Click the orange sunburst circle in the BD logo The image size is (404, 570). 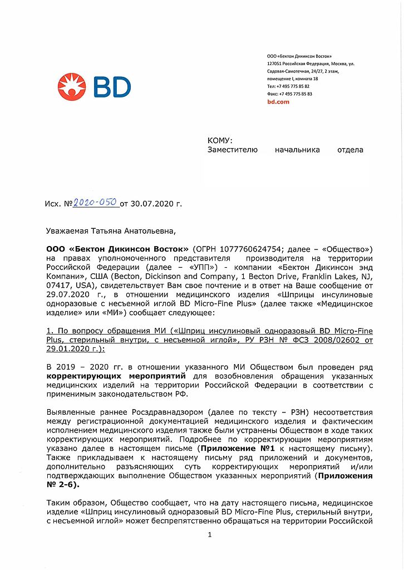coord(72,87)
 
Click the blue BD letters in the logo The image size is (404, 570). coord(112,87)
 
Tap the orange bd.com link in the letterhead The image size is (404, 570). coord(278,102)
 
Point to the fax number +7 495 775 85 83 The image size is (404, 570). coord(294,94)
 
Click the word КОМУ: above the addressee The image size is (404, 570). coord(220,140)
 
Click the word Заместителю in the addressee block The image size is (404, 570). coord(232,150)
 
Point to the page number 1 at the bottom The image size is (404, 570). coord(209,534)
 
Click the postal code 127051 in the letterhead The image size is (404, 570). coord(274,64)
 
